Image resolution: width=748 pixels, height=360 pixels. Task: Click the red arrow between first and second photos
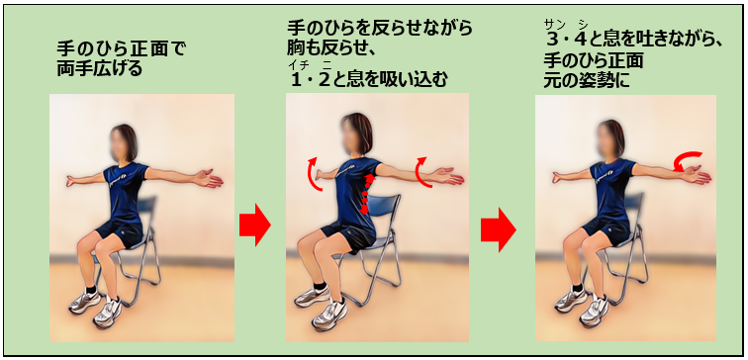255,227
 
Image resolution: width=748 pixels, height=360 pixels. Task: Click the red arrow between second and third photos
499,228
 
